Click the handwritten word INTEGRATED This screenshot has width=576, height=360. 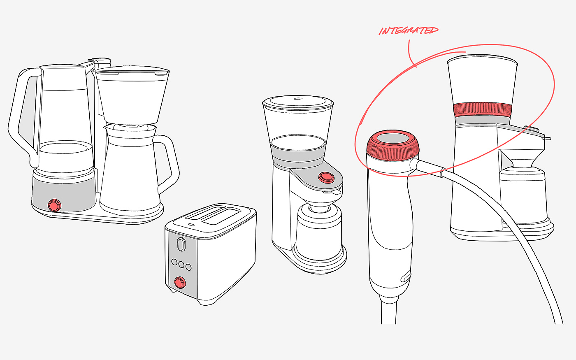(x=408, y=30)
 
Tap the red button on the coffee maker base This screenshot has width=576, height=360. (x=54, y=205)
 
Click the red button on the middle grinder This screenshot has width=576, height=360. (x=326, y=177)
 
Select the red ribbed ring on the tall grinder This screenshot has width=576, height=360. (x=482, y=110)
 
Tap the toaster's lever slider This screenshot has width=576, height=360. (x=181, y=244)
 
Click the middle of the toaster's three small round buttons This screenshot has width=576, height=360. (x=181, y=264)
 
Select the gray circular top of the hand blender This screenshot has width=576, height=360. (x=393, y=138)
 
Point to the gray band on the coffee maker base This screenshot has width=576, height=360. (x=64, y=193)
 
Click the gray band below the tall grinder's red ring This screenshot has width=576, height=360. (x=482, y=121)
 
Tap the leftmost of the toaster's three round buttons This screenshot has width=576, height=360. (x=174, y=262)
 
